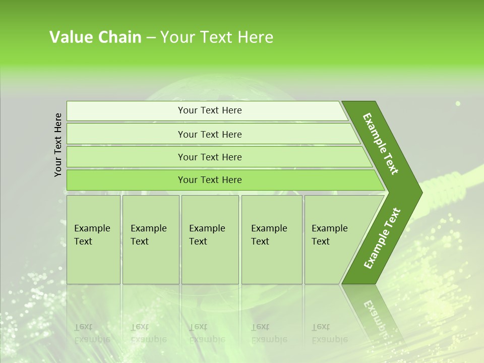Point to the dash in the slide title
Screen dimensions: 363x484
tap(151, 38)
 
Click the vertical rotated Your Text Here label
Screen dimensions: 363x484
tap(58, 145)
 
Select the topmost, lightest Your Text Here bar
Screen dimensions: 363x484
tap(209, 110)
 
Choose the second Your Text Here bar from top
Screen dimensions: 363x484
tap(209, 134)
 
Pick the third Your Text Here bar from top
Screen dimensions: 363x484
tap(209, 157)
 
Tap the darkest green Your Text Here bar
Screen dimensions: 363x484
tap(209, 180)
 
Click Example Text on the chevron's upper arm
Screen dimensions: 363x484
tap(381, 143)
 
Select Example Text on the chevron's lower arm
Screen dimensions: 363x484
tap(382, 238)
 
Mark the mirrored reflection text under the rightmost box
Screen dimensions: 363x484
tap(329, 333)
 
